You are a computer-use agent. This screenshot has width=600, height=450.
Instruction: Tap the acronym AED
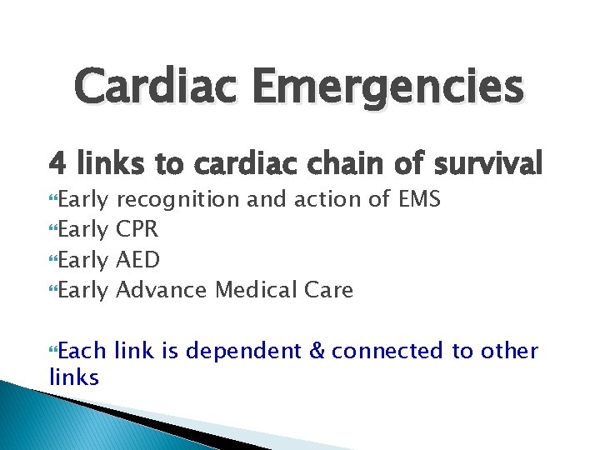point(138,260)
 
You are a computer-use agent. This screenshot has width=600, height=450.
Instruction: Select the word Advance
point(162,290)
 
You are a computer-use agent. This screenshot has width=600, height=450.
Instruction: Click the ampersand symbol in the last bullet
point(317,351)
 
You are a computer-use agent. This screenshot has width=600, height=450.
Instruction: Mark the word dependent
point(242,352)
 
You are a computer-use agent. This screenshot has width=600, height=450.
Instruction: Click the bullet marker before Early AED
point(54,261)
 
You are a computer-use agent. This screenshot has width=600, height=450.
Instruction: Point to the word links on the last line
point(74,377)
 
